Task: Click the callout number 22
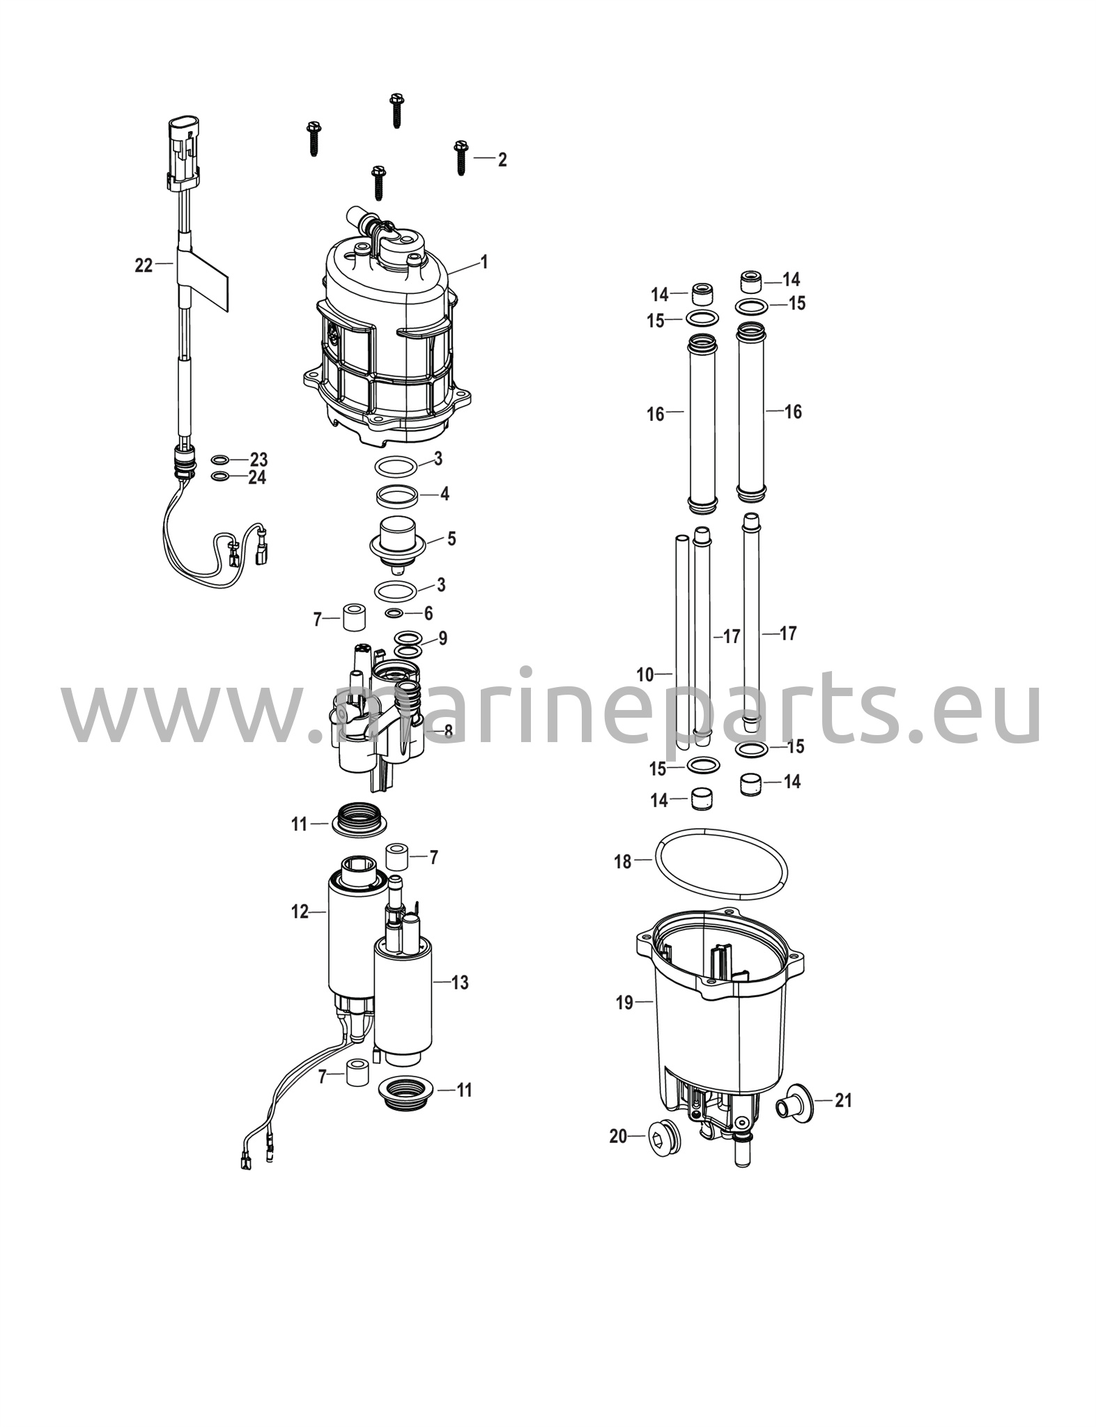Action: pos(144,265)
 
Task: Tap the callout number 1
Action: pos(484,262)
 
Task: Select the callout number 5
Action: pos(451,539)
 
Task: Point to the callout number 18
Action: pos(622,862)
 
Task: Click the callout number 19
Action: pos(624,1003)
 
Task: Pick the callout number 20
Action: pos(619,1136)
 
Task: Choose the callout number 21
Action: pos(844,1100)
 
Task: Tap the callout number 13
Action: pos(460,982)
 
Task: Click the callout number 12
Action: pos(300,911)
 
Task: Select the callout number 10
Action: pos(645,674)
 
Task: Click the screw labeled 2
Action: pos(460,157)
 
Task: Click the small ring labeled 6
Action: pos(394,614)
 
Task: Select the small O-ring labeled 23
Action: pos(219,460)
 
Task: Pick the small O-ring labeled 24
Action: pos(219,477)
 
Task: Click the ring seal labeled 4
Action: pos(397,497)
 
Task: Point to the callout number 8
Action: pos(448,731)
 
